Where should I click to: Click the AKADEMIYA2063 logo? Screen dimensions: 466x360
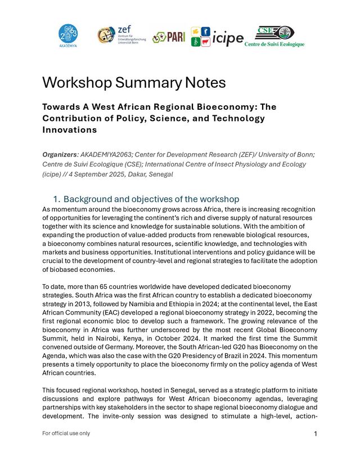tap(68, 37)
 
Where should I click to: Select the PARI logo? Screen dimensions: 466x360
tap(169, 37)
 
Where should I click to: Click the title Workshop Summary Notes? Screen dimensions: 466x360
tap(134, 83)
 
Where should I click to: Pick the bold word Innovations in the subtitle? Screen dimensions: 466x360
tap(69, 130)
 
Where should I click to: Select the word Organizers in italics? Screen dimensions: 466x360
tap(60, 154)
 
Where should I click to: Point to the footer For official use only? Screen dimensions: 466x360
tap(66, 433)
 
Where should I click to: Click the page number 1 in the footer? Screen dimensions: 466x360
tap(316, 434)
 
